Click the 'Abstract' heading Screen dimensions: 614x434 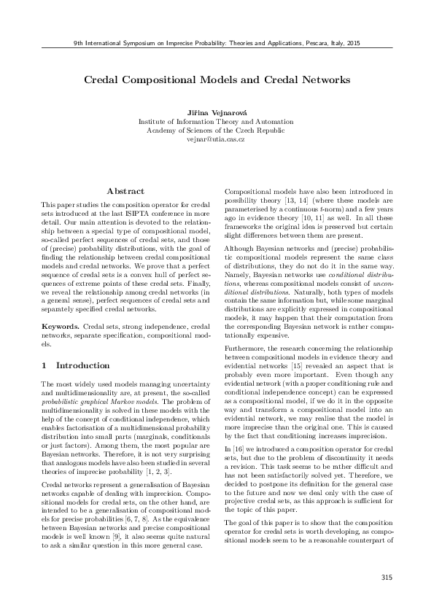(x=126, y=190)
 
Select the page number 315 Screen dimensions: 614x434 (x=386, y=578)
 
